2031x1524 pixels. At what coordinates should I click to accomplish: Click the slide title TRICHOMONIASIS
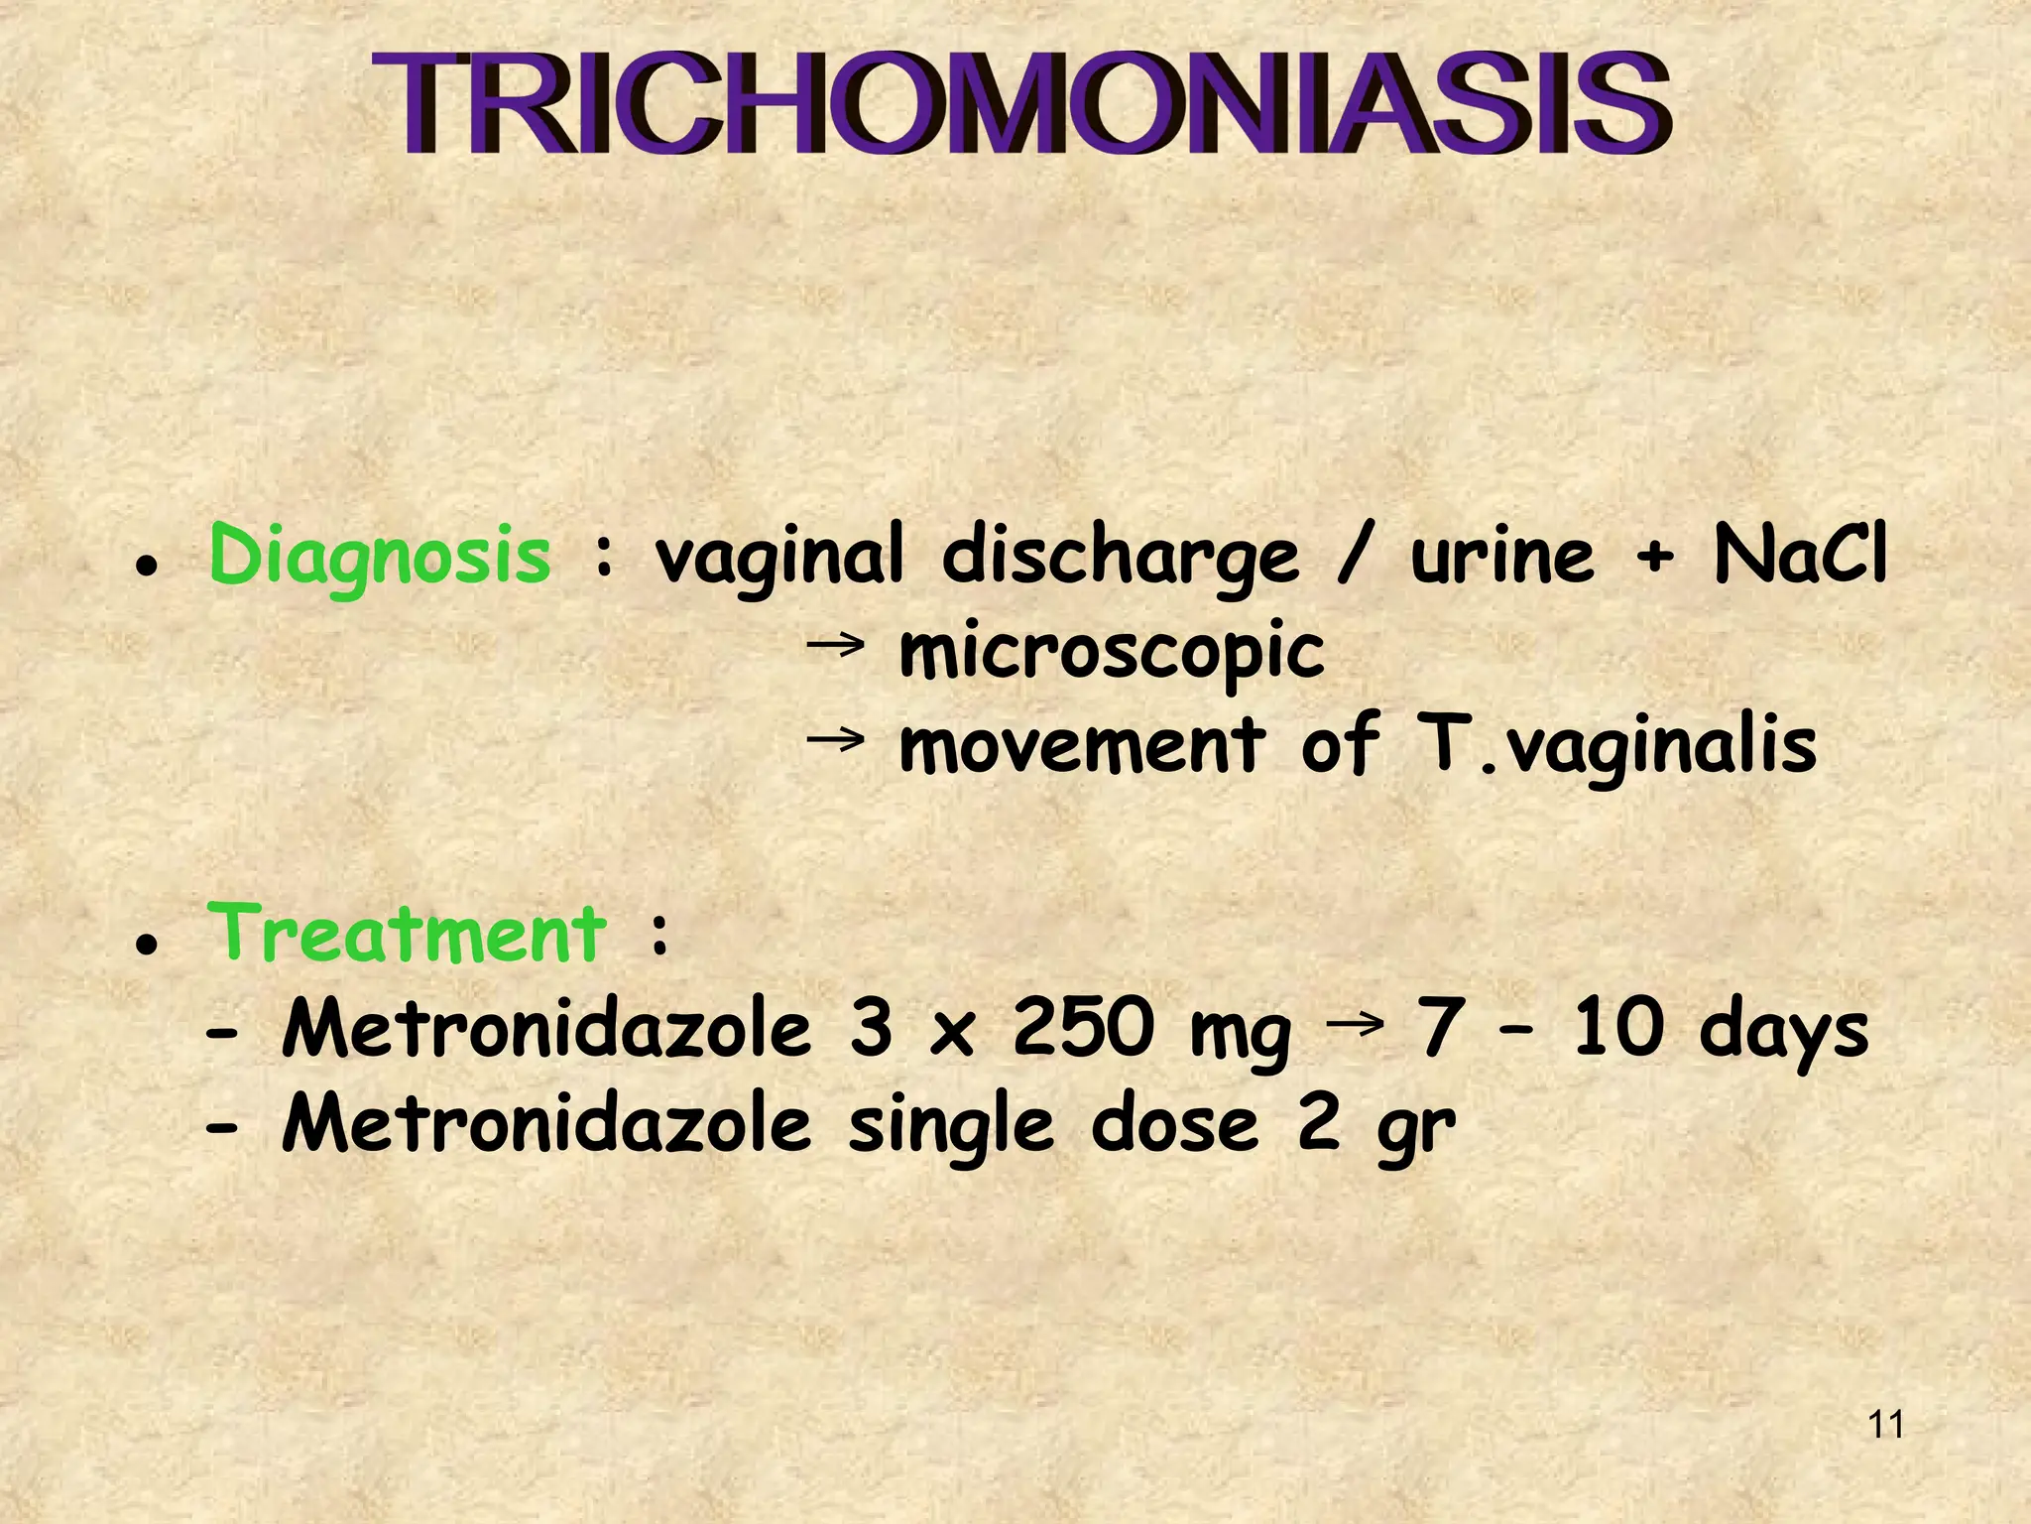(1021, 104)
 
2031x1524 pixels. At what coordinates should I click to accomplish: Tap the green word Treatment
(406, 935)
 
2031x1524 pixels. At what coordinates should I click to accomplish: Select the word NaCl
(1800, 555)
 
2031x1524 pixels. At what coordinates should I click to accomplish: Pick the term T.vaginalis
(1616, 747)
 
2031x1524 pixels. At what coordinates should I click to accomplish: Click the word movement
(1082, 747)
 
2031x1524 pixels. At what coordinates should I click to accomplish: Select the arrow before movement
(835, 740)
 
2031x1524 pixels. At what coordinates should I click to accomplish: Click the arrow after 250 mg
(1354, 1022)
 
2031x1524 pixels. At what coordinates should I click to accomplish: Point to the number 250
(1084, 1029)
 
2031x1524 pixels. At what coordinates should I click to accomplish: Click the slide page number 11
(1885, 1425)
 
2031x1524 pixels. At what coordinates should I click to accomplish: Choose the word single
(951, 1128)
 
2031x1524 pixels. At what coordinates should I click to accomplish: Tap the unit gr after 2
(1415, 1131)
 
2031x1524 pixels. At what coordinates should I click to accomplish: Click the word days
(1783, 1032)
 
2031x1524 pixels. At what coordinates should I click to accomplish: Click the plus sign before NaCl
(1654, 558)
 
